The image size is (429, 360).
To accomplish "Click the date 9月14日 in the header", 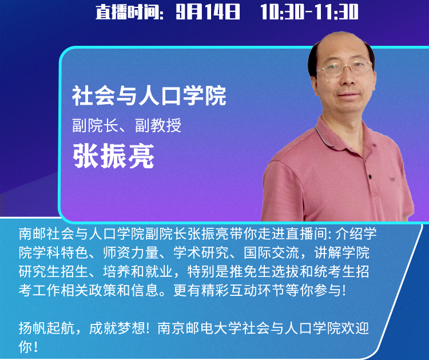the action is click(208, 12).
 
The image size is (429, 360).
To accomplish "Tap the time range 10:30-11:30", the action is click(309, 12).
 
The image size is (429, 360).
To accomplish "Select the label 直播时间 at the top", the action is click(128, 13).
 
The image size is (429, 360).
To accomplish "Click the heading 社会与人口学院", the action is click(149, 96).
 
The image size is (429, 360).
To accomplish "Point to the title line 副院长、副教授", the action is click(126, 125).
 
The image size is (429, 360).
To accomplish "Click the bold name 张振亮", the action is click(114, 156).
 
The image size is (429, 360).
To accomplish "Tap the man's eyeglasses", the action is click(344, 68).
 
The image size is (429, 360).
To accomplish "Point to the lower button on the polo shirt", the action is click(370, 177).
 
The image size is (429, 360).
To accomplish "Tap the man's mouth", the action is click(349, 95).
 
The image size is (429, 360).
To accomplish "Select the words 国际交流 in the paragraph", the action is click(271, 252).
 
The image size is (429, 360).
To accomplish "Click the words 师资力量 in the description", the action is click(131, 252).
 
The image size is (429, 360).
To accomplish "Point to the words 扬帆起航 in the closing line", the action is click(46, 329).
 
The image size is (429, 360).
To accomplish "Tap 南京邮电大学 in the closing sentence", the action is click(200, 329).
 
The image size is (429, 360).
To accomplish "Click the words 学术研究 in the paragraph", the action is click(201, 252).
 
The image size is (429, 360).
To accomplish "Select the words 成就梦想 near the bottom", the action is click(117, 329).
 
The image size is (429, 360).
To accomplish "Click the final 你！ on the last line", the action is click(28, 347).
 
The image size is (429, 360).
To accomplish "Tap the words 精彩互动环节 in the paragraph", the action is click(243, 290).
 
